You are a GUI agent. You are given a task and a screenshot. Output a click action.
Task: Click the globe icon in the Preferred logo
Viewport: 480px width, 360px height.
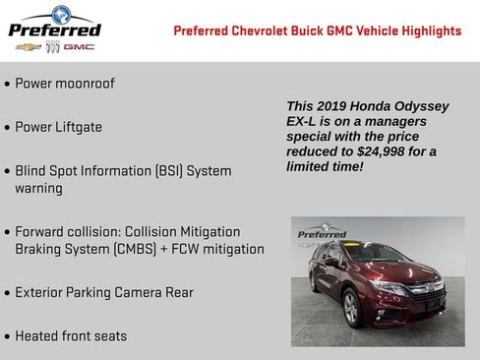(x=60, y=14)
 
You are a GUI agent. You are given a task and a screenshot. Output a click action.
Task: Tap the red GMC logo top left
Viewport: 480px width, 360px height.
(x=81, y=46)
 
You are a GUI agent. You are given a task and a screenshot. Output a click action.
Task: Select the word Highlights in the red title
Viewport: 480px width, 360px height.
(x=426, y=30)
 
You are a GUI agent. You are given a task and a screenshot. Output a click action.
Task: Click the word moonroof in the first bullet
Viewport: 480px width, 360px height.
(x=84, y=84)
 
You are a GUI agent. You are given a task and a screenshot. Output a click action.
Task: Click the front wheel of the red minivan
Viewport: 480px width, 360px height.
(x=351, y=309)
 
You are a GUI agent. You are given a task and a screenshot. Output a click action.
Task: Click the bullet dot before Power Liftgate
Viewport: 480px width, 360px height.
(x=8, y=128)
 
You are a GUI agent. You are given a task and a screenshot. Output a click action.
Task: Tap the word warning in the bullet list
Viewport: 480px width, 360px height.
(x=38, y=188)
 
